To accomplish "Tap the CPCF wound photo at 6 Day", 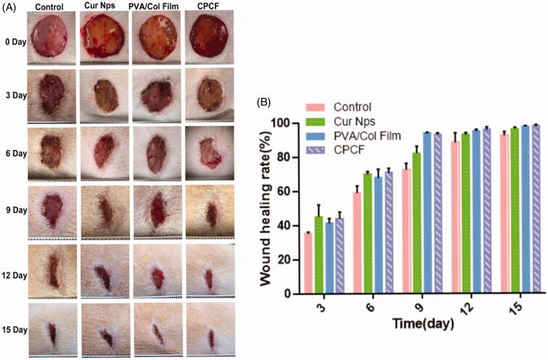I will point(209,153).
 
